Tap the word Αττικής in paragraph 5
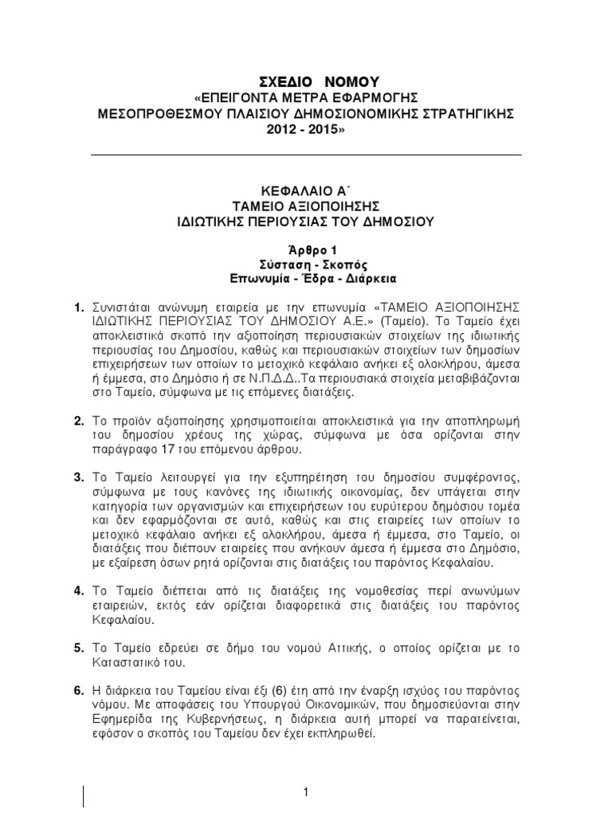[352, 649]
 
